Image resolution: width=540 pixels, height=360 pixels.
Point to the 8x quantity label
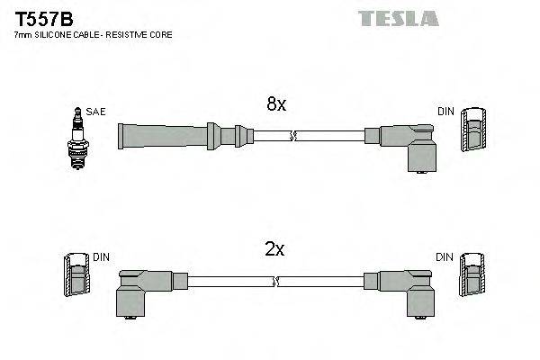pyautogui.click(x=275, y=104)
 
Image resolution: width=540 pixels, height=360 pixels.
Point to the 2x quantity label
pyautogui.click(x=274, y=250)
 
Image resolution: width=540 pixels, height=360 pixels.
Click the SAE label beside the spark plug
pyautogui.click(x=97, y=112)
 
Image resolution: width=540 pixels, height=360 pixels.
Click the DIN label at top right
pyautogui.click(x=445, y=112)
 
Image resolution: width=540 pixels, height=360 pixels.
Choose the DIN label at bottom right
pyautogui.click(x=445, y=257)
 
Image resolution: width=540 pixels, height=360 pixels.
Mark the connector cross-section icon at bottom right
pyautogui.click(x=471, y=277)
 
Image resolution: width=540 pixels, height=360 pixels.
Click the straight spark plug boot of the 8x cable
pyautogui.click(x=171, y=136)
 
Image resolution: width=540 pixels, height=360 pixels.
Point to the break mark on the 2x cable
pyautogui.click(x=275, y=281)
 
